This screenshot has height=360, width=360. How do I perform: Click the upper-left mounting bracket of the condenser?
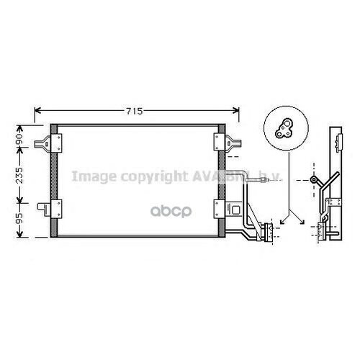(x=51, y=138)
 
